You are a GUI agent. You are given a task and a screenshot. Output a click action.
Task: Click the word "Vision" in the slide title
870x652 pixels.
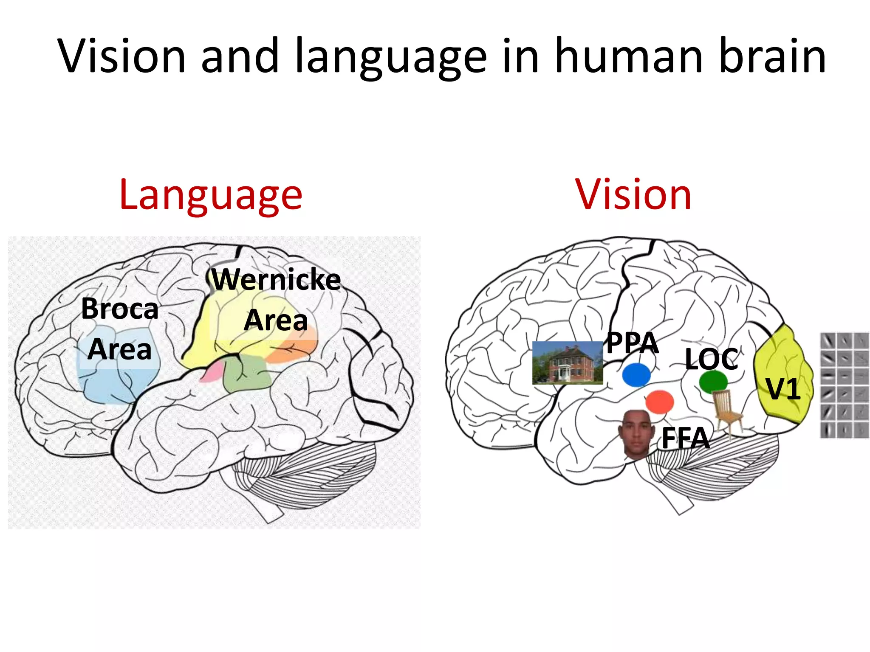122,56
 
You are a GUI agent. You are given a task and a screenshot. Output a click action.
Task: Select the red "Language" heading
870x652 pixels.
211,195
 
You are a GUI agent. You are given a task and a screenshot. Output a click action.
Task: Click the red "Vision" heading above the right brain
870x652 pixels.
633,195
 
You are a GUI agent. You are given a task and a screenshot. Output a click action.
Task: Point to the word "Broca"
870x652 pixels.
120,309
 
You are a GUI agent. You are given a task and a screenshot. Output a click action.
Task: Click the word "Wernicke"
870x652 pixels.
277,280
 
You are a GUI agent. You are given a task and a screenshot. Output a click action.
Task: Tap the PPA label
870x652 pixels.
632,343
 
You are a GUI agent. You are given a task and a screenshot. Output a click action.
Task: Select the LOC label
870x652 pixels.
711,359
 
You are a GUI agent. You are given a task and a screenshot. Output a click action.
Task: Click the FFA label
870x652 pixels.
685,438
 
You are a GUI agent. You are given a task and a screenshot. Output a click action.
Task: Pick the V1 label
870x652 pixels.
783,389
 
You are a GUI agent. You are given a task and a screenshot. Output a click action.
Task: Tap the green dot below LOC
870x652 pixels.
713,382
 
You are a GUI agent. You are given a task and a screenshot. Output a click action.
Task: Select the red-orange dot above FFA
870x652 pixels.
659,402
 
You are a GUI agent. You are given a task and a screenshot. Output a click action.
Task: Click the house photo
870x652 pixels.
568,363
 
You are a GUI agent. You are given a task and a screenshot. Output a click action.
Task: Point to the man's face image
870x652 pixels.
636,434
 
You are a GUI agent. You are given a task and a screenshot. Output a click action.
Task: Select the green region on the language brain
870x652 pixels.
246,374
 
